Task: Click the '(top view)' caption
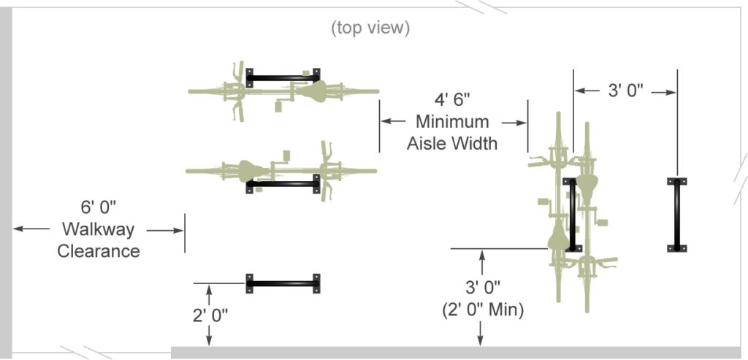(370, 28)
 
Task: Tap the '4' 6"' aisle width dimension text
(452, 99)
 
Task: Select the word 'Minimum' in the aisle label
(452, 122)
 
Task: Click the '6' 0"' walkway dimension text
(99, 207)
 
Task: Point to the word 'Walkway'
(99, 229)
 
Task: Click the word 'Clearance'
(99, 251)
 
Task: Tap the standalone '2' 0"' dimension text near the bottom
(210, 315)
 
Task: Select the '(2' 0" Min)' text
(483, 310)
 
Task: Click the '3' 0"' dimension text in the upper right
(626, 90)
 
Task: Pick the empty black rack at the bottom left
(283, 284)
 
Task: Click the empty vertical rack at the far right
(677, 215)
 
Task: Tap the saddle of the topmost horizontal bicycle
(313, 91)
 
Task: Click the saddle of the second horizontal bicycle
(251, 171)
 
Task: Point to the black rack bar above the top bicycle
(283, 77)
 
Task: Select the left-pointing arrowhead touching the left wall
(18, 229)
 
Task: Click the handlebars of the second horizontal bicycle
(327, 171)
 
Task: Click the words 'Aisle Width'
(452, 144)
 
